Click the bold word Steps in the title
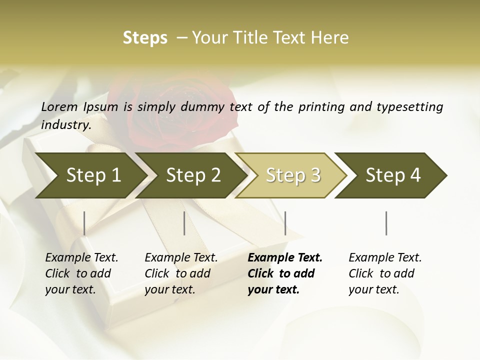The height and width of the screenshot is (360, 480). [145, 38]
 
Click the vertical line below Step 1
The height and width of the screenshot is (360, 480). [84, 223]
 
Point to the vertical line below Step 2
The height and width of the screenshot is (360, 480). [184, 223]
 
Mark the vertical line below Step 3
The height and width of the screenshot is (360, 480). [285, 223]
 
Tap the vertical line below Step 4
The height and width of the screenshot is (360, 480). [386, 223]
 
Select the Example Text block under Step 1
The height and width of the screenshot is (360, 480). [81, 273]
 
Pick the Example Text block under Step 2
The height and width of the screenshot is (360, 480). [181, 273]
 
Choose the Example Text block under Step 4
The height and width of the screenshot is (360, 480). [385, 273]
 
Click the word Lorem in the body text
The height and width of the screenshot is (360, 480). [59, 107]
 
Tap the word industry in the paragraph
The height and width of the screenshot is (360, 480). [66, 125]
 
